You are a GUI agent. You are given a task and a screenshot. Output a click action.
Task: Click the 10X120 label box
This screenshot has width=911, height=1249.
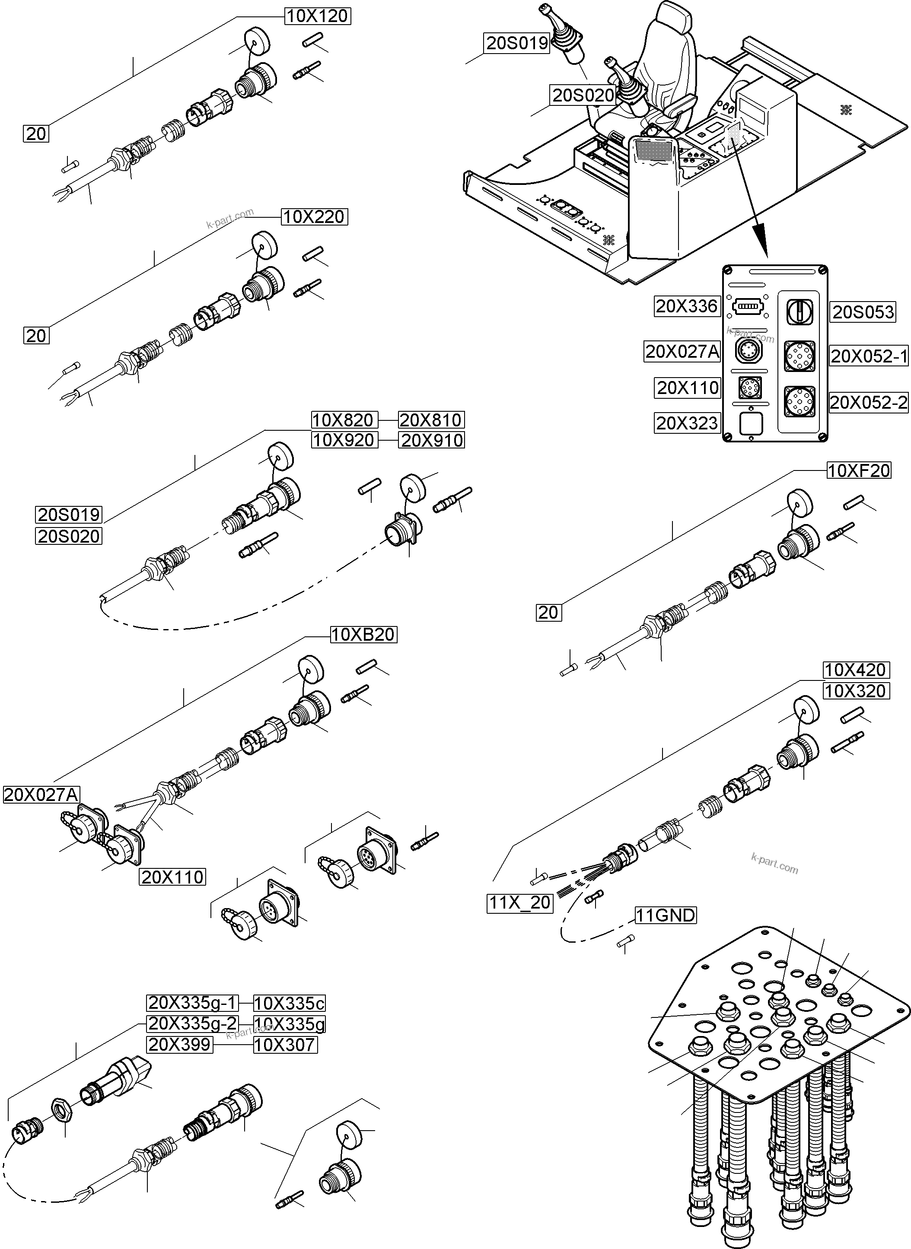pos(318,16)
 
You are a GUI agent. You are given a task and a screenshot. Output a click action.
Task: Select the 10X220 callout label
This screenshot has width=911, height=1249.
pos(314,216)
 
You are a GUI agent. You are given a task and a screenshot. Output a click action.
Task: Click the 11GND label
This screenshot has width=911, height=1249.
pos(666,915)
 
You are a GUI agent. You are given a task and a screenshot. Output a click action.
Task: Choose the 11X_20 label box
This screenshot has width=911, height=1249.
pos(520,903)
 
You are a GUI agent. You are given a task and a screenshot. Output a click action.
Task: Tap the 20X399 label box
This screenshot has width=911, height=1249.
pos(179,1045)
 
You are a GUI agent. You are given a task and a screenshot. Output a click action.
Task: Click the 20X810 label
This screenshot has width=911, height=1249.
pos(431,420)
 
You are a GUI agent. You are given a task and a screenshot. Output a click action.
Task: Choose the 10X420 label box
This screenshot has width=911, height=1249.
pos(855,670)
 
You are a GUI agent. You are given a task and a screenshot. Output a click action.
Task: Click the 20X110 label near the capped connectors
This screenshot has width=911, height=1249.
pos(172,877)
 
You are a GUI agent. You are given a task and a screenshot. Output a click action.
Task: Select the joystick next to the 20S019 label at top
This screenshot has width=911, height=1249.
pos(565,41)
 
